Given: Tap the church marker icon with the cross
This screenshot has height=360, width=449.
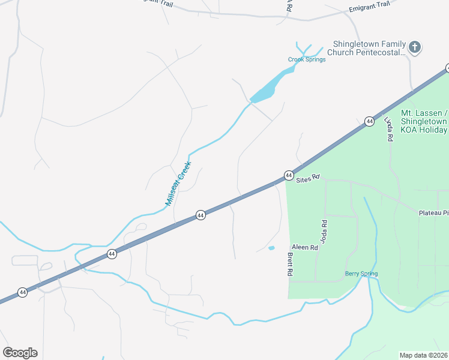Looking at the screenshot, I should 415,47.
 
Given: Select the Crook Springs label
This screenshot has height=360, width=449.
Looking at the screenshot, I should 307,59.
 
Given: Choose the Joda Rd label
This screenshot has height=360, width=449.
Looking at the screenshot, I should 324,231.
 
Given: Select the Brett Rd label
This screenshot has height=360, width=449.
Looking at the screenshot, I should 289,264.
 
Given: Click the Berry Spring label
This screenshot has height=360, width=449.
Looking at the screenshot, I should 361,274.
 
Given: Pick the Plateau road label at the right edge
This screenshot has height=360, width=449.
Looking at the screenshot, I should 433,212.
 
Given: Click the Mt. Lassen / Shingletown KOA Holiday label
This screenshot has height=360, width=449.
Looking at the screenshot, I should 424,121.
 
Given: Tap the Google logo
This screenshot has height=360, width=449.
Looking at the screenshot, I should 20,352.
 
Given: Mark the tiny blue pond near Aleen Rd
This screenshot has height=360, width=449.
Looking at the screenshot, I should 271,248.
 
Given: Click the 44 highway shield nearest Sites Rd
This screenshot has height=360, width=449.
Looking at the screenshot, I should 289,175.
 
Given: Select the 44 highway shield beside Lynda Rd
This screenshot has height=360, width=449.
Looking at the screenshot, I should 369,121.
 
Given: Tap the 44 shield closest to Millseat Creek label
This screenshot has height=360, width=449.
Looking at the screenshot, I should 200,215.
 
